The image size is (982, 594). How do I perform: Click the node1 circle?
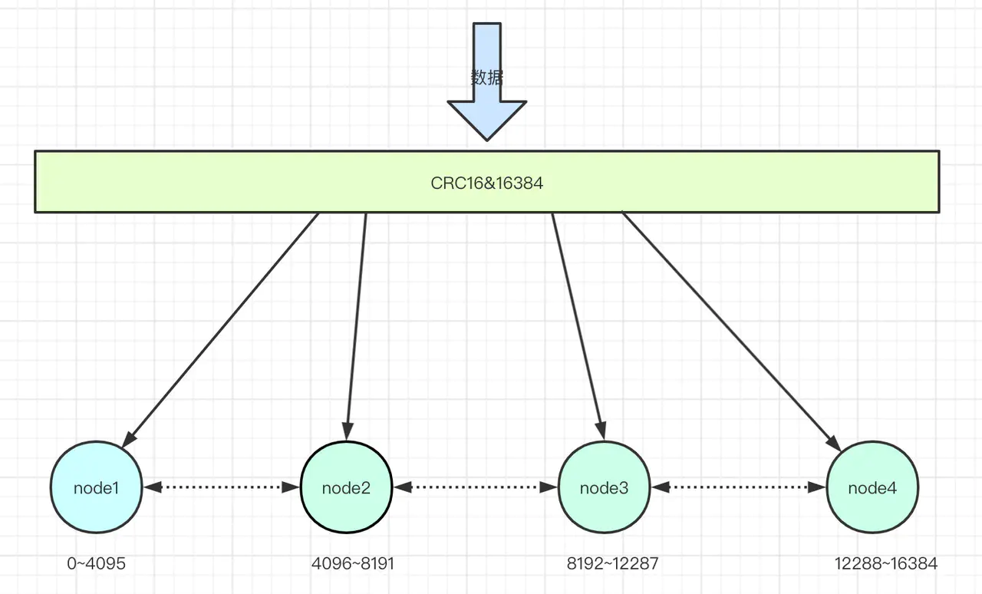97,487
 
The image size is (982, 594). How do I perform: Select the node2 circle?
346,487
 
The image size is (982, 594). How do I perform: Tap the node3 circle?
604,487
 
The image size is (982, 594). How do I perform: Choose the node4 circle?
872,487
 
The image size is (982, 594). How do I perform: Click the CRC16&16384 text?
486,183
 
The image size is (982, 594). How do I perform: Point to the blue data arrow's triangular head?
486,118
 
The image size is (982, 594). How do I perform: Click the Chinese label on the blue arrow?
486,78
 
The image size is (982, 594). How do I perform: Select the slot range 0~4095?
97,563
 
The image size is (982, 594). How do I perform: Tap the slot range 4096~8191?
353,563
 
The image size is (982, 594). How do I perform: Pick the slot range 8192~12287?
612,563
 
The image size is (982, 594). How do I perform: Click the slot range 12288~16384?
886,563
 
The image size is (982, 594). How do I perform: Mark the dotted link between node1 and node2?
222,487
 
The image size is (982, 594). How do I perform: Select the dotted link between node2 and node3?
475,487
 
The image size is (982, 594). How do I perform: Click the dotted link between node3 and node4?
738,487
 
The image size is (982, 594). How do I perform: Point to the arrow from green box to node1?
220,330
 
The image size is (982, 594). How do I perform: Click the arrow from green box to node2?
357,326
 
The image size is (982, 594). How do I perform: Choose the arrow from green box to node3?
578,326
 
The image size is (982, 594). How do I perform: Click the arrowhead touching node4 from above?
834,443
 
